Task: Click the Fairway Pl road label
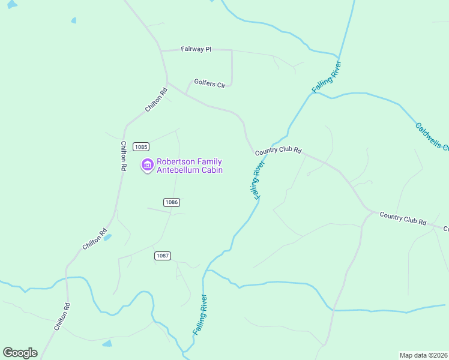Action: pos(196,49)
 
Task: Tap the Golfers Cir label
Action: pos(209,83)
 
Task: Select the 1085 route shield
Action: pos(141,147)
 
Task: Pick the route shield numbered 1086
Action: pos(172,202)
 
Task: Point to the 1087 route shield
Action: pos(163,256)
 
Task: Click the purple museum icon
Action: pos(147,165)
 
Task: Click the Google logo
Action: pos(20,353)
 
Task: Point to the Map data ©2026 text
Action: pos(423,355)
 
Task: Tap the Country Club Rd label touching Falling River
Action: pos(277,151)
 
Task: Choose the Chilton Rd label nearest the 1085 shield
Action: pos(123,156)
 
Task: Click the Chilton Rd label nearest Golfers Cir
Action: pos(155,100)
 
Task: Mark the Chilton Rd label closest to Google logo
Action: pos(62,317)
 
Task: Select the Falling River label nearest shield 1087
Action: pos(200,314)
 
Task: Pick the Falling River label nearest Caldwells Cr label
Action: pos(327,77)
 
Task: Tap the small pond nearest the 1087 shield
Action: pos(107,238)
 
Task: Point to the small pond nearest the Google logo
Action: pos(107,343)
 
